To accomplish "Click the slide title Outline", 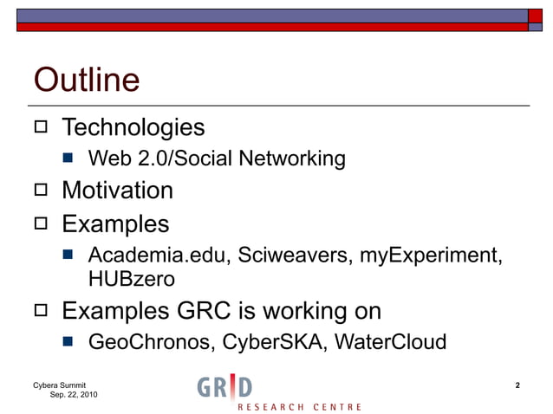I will [86, 81].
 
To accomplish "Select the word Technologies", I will [133, 128].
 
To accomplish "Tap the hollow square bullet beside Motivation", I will [41, 191].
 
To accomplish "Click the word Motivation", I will [117, 191].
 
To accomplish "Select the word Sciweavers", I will [276, 256].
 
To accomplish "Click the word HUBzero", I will [131, 280].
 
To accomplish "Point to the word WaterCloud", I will [387, 342].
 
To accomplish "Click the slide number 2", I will [517, 385].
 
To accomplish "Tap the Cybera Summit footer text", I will [59, 385].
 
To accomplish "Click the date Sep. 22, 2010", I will [74, 395].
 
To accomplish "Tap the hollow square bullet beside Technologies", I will [41, 129].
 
